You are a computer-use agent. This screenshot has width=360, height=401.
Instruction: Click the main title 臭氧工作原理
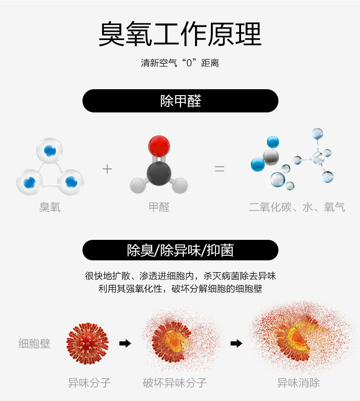click(180, 34)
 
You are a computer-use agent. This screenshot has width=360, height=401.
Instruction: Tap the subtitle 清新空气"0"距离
click(180, 63)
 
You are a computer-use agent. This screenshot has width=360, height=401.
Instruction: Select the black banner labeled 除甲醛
click(180, 101)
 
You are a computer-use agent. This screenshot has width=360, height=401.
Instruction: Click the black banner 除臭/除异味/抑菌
click(180, 250)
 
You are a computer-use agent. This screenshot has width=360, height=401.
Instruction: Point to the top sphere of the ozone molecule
click(50, 151)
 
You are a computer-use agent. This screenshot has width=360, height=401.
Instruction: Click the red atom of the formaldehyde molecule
click(159, 146)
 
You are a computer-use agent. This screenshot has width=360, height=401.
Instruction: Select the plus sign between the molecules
click(107, 169)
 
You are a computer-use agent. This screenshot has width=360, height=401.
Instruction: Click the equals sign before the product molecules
click(220, 169)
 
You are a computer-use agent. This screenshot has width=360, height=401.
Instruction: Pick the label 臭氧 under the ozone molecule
click(50, 208)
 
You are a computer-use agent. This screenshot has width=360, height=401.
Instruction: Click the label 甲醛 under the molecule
click(159, 208)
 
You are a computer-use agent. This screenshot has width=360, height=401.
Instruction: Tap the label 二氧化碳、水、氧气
click(297, 208)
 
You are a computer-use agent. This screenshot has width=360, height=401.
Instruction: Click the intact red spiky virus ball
click(88, 343)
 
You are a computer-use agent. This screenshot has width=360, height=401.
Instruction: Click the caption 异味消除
click(298, 383)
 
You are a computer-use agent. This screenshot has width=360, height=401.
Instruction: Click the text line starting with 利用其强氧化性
click(180, 289)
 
